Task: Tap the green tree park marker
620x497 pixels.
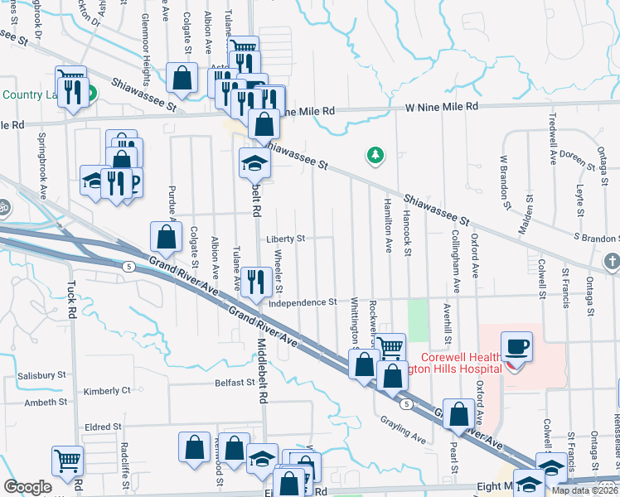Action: point(375,154)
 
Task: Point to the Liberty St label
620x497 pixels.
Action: point(286,239)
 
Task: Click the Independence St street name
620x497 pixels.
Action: point(303,302)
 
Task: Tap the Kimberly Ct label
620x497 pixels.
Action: point(108,390)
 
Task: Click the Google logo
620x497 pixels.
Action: point(28,487)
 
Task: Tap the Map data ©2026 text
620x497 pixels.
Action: point(584,490)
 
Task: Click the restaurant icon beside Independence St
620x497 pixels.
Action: point(255,282)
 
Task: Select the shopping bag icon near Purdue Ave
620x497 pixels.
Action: point(166,236)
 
